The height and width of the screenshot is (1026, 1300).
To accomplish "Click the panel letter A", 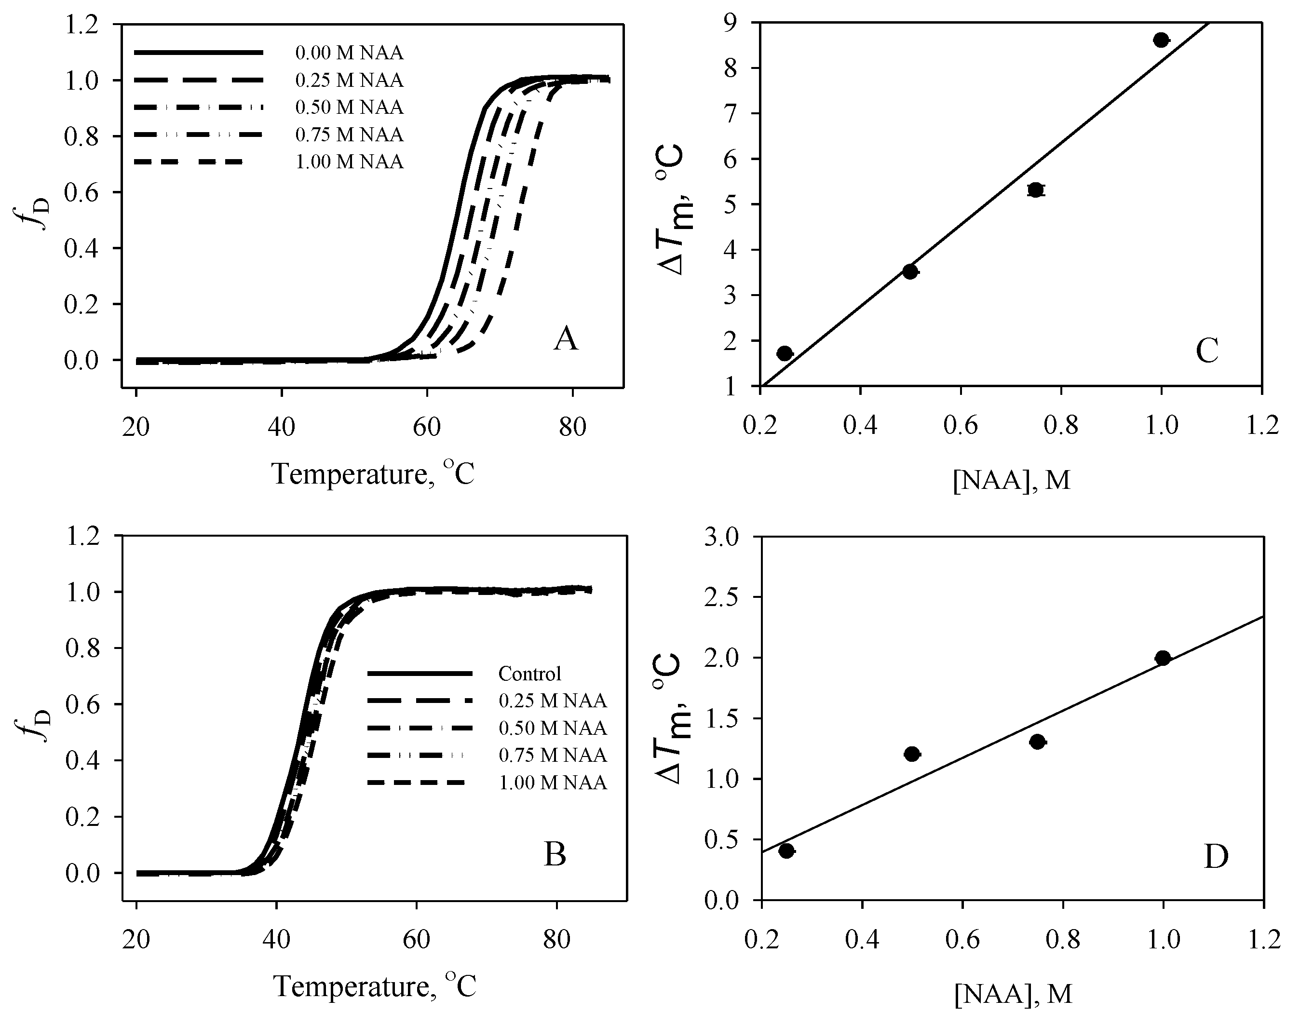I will click(x=565, y=340).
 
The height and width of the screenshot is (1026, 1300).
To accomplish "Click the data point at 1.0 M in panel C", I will click(x=1161, y=40).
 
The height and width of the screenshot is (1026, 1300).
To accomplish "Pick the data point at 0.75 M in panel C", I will click(x=1035, y=190).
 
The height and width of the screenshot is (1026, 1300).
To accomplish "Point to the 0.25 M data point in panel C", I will click(x=785, y=353).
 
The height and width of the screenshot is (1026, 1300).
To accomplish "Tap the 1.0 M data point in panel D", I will click(x=1163, y=658).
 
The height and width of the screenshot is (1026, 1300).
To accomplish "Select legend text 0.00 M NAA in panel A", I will click(x=349, y=53).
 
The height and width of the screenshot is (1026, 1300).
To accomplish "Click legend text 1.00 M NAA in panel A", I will click(x=349, y=162).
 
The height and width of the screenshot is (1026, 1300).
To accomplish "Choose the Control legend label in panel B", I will click(x=529, y=674).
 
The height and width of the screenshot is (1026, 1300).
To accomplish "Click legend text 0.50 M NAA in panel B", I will click(x=552, y=728).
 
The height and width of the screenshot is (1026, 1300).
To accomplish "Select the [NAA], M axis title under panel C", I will click(x=1012, y=481).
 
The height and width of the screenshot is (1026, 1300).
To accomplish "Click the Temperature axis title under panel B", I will click(x=374, y=986).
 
